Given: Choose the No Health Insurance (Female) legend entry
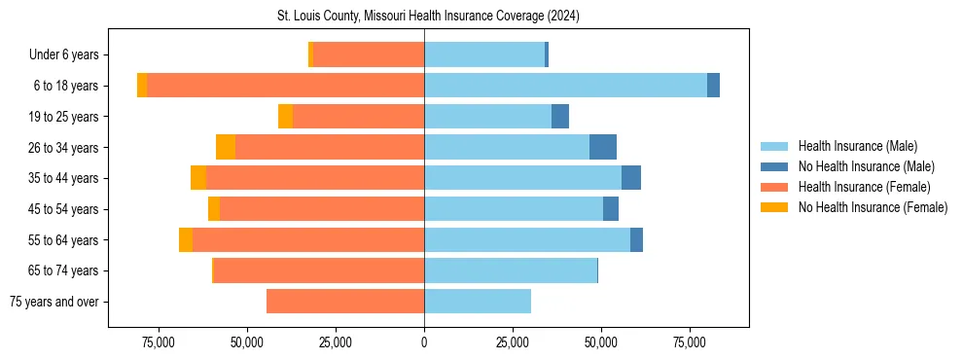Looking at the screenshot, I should coord(873,207).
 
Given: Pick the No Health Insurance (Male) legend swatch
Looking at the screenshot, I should coord(775,166).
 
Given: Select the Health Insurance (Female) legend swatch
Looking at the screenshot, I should coord(775,187).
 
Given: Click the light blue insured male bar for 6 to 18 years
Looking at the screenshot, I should coord(565,86).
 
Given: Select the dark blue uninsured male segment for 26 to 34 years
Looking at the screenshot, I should coord(603,147).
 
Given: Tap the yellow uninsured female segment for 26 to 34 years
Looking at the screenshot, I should coord(226,147).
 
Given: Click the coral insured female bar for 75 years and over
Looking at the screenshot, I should coord(345,302).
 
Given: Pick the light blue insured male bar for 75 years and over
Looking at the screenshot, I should coord(478,302).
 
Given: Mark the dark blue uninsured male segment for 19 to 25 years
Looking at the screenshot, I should coord(560,117).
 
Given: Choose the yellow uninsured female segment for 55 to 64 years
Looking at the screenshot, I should coord(186,239).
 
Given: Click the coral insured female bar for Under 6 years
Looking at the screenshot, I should coord(369,55).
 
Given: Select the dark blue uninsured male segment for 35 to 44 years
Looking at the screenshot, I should coord(631,178).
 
